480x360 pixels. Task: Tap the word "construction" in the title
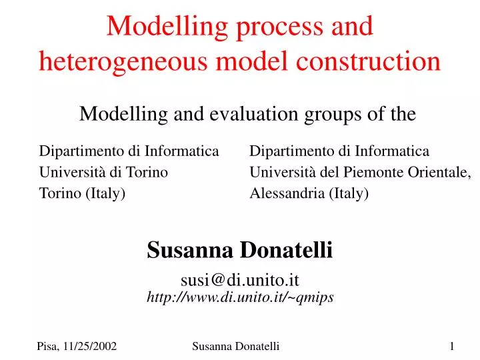point(365,61)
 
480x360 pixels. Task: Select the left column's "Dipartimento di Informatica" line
point(129,152)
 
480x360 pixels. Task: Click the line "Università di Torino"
point(103,173)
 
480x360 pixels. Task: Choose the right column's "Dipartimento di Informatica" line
point(339,152)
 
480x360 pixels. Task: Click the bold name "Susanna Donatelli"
point(239,251)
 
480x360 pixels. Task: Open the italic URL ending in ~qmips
point(239,298)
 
